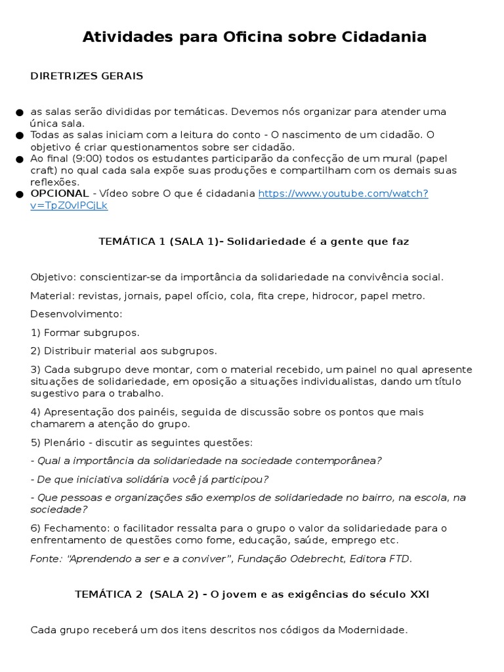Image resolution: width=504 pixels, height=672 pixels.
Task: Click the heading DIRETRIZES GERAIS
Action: [87, 76]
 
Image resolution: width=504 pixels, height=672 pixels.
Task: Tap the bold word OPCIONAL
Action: [60, 194]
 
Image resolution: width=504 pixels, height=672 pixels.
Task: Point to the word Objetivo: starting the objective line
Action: [52, 277]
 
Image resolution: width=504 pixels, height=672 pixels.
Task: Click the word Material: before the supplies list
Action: [51, 296]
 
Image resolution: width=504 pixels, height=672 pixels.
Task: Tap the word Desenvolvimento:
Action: [76, 314]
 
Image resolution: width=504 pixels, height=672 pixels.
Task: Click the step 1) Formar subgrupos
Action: [85, 333]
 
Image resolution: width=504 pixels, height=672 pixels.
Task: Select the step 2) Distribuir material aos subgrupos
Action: [123, 351]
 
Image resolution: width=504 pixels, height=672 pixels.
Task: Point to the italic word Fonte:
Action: [45, 559]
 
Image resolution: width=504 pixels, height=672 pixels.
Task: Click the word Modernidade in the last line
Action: [372, 630]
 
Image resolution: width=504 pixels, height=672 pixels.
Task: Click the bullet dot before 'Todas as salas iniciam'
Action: [21, 135]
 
